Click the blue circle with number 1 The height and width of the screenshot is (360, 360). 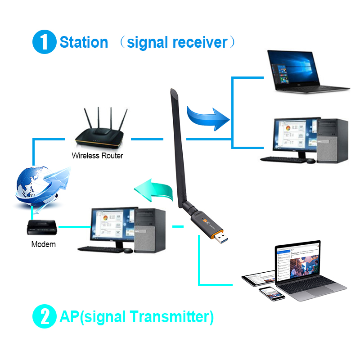coord(44,42)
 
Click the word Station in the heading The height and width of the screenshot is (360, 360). coord(84,42)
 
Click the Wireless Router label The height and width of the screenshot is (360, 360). coord(97,156)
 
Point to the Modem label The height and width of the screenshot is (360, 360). coord(44,244)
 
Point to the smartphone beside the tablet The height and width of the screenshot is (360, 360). coord(272,294)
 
